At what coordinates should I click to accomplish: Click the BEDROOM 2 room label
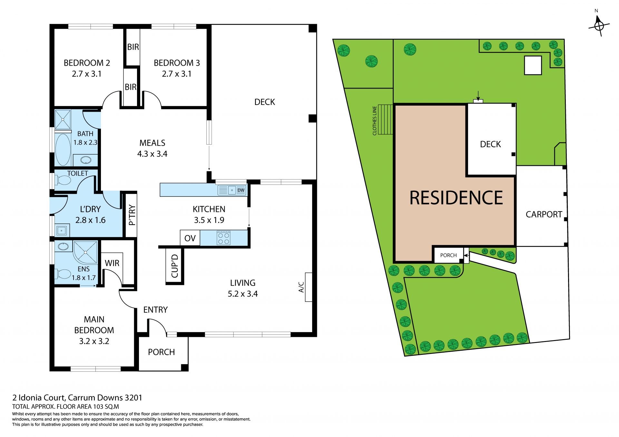87,63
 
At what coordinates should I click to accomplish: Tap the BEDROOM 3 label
177,63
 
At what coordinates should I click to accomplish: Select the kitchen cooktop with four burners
223,238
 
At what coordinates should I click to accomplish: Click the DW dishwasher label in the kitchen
241,190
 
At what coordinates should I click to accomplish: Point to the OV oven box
190,238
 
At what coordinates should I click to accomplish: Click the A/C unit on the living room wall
309,287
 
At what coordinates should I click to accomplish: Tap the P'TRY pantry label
131,215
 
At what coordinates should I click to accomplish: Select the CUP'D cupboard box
174,266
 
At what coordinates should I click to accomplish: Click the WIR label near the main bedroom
112,263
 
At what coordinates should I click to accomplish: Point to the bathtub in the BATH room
63,149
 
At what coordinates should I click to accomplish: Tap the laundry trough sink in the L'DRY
61,231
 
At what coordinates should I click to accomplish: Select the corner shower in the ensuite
85,252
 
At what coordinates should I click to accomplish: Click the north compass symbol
599,25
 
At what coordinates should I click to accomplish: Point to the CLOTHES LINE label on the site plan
375,121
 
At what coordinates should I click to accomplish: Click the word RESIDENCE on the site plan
456,198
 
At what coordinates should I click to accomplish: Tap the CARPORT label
544,214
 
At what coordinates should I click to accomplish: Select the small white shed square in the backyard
533,65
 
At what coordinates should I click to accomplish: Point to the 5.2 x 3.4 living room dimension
243,294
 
